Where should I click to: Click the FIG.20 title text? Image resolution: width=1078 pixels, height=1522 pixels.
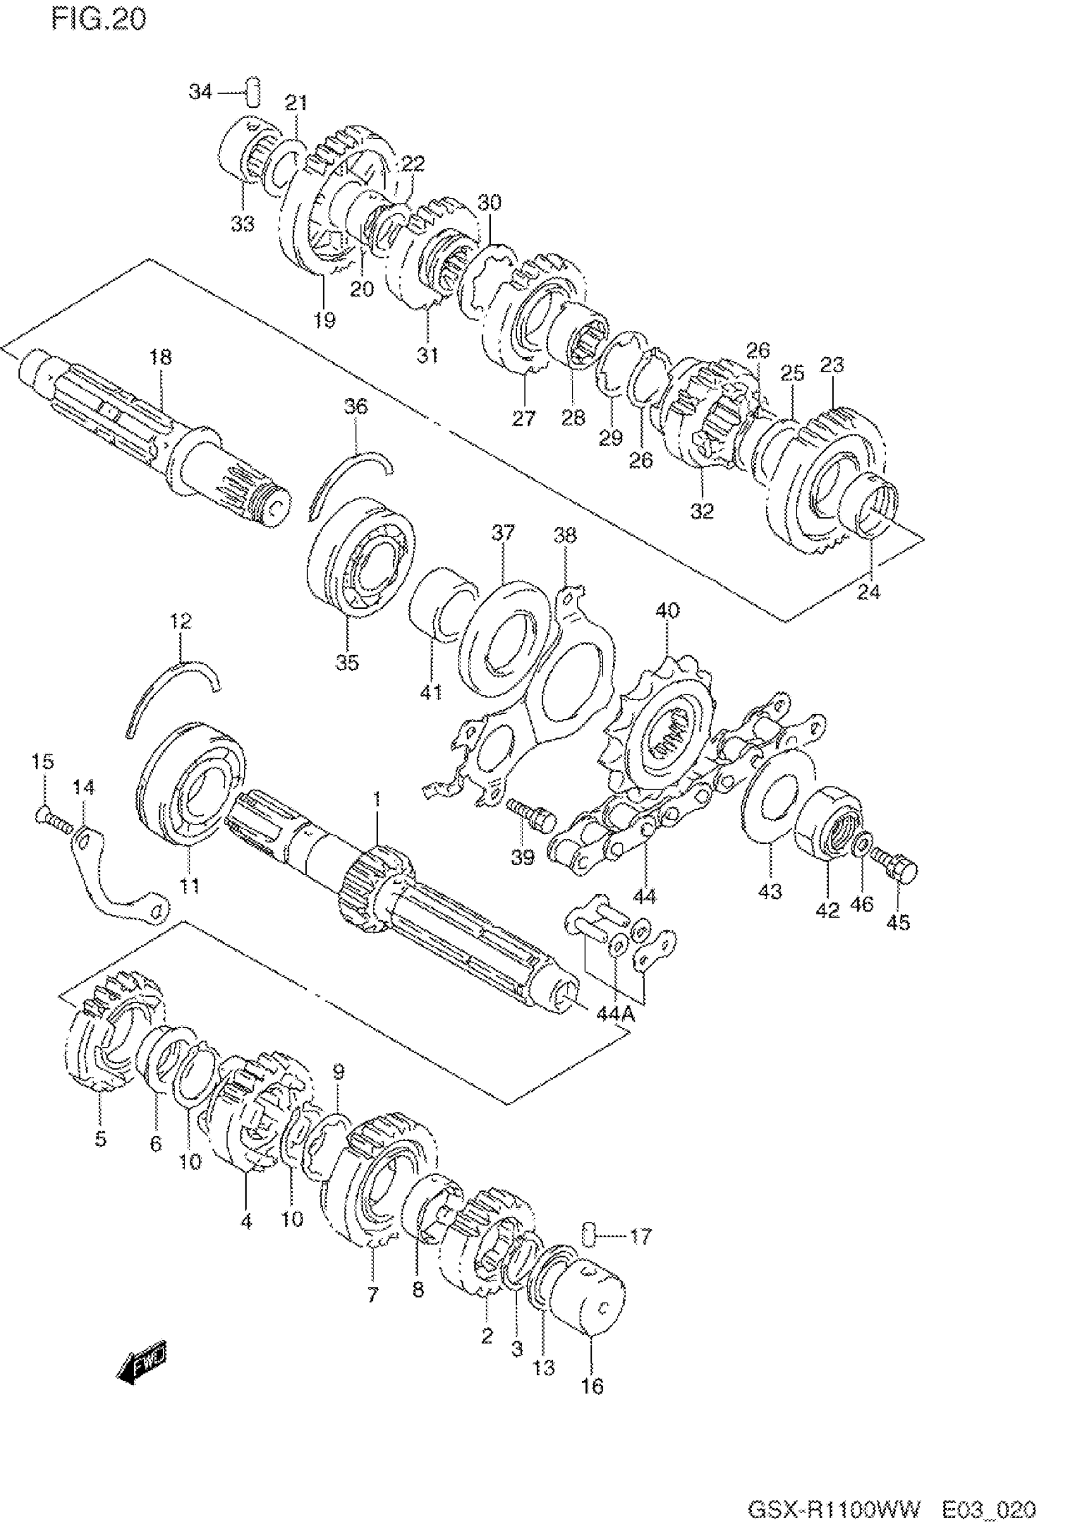pyautogui.click(x=98, y=20)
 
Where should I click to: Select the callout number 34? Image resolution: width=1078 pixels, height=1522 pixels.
pyautogui.click(x=200, y=91)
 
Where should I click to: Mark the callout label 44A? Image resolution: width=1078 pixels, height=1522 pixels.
pyautogui.click(x=615, y=1013)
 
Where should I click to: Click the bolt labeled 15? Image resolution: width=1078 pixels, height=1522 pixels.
pyautogui.click(x=53, y=819)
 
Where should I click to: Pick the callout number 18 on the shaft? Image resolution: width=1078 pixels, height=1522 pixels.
pyautogui.click(x=160, y=357)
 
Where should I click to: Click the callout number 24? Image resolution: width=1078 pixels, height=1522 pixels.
pyautogui.click(x=868, y=591)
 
